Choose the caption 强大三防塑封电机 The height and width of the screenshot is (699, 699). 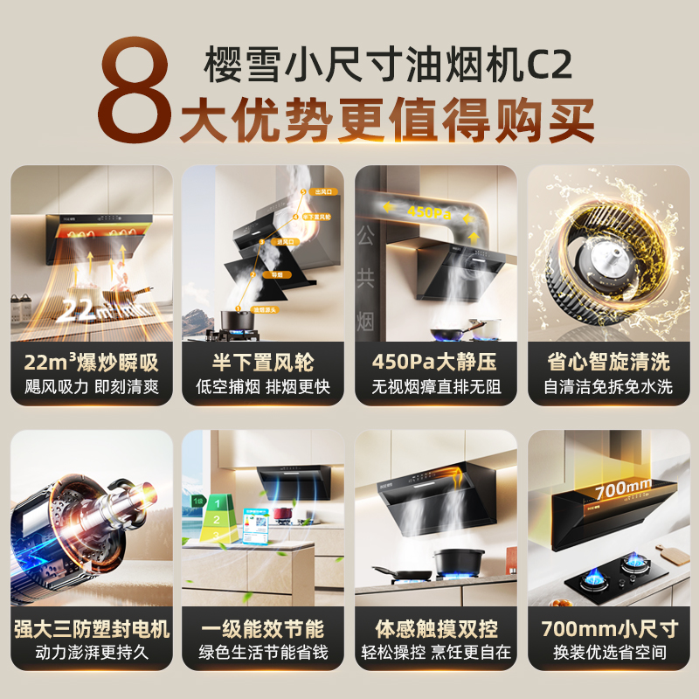[92, 629]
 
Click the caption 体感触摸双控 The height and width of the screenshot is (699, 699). [436, 629]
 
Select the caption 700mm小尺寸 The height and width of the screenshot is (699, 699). [609, 629]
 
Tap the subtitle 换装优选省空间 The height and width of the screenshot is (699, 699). [609, 654]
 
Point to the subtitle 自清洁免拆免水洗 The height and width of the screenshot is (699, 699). [609, 386]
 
